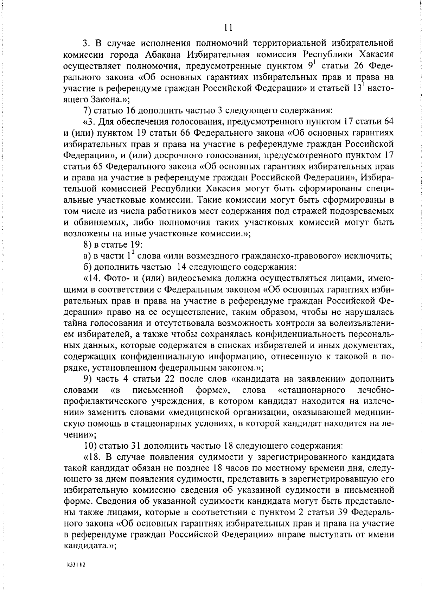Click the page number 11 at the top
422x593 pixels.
228,28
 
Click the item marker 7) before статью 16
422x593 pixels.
88,110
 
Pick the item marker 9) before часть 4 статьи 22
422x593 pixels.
88,379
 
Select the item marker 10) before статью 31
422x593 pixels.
90,446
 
